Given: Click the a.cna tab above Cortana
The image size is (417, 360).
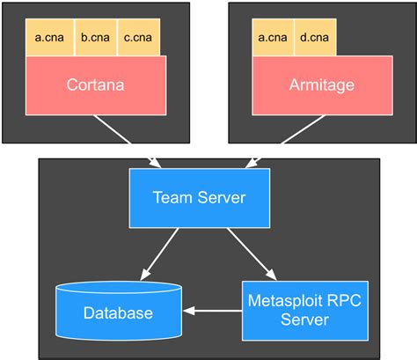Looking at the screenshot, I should [49, 37].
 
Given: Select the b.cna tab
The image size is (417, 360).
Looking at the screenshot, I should [95, 37].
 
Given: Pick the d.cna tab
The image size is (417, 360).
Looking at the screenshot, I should [315, 37].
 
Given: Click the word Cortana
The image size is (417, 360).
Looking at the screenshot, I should [95, 85].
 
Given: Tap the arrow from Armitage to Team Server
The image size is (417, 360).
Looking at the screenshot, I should [281, 139].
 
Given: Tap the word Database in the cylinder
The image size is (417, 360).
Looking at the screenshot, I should [118, 313].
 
